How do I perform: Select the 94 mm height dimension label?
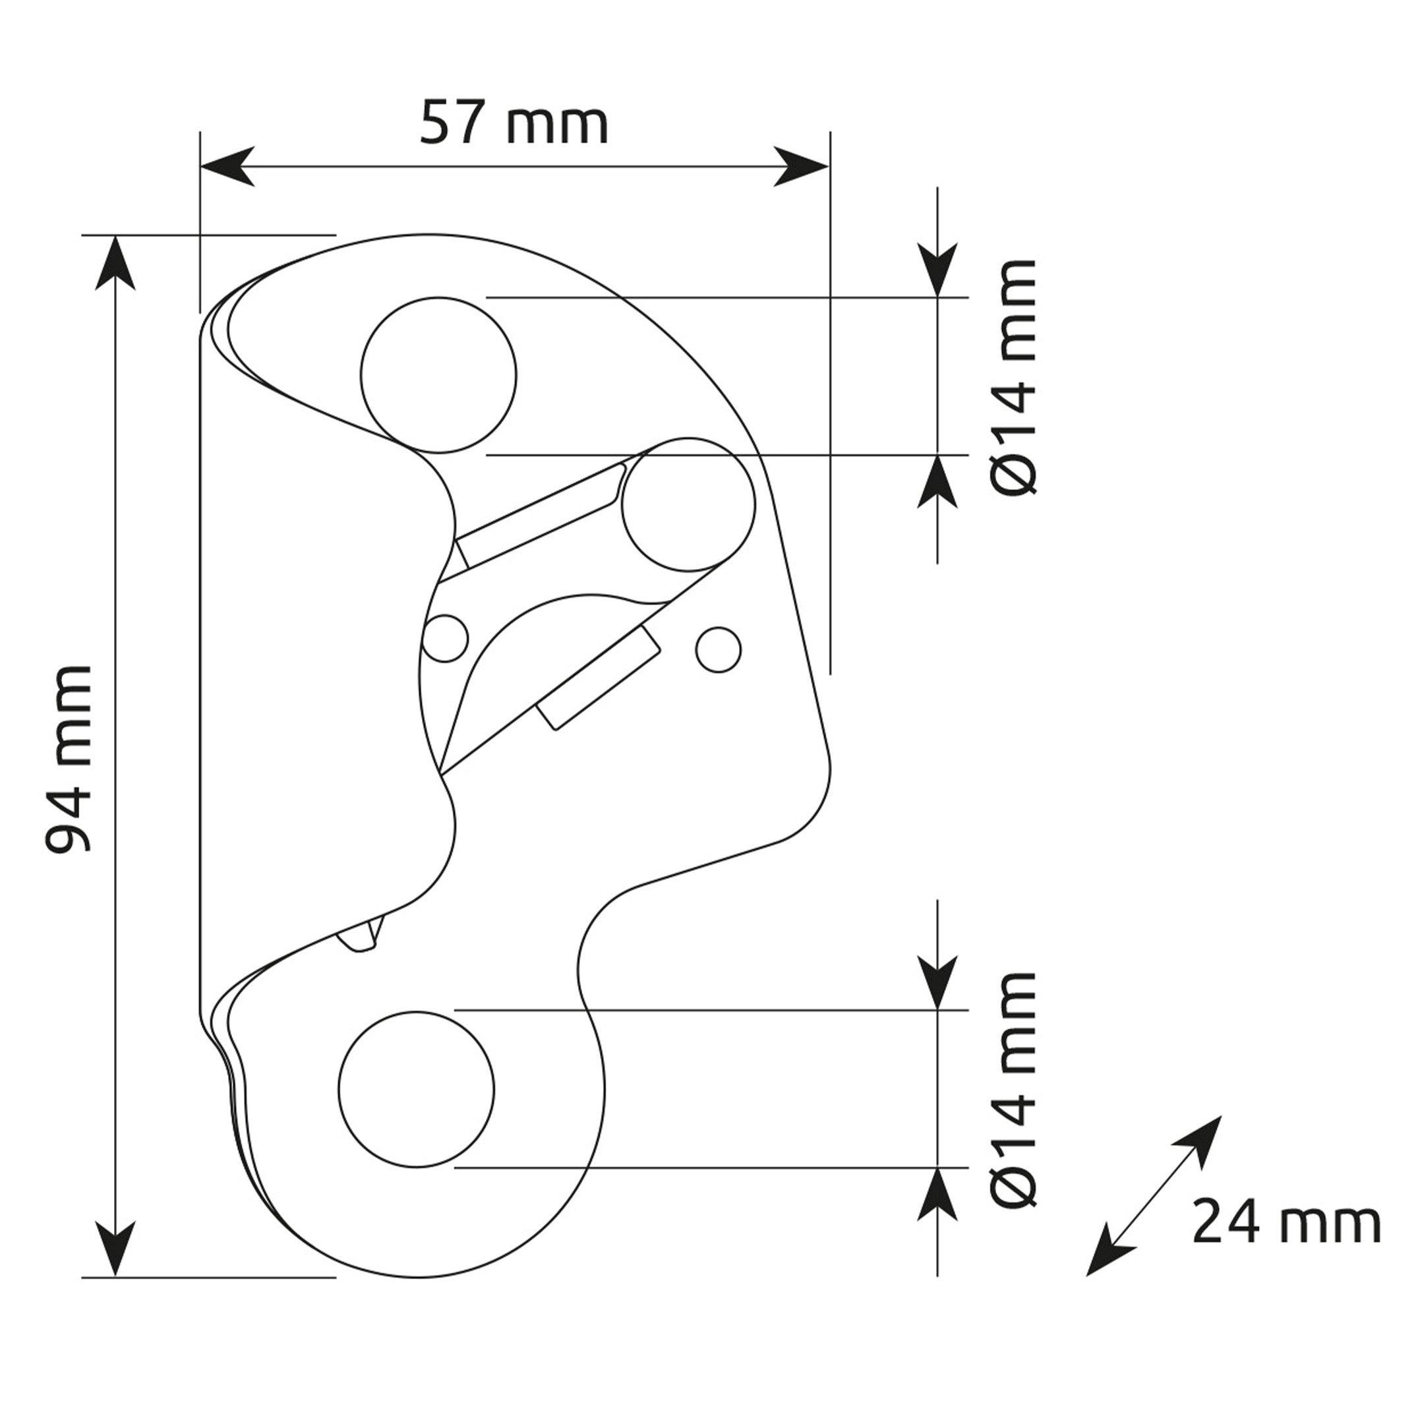(x=69, y=759)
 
